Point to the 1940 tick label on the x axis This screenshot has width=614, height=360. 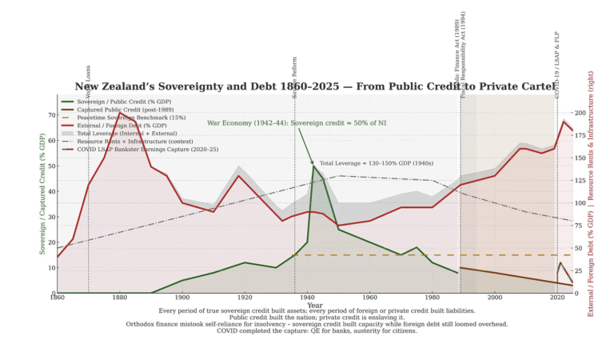click(306, 298)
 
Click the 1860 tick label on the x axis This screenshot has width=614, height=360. click(57, 298)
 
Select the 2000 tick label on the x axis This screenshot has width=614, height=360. click(495, 298)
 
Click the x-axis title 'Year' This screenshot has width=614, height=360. click(314, 305)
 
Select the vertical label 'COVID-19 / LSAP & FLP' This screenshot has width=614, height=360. click(557, 64)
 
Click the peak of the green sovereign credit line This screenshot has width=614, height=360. click(313, 166)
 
